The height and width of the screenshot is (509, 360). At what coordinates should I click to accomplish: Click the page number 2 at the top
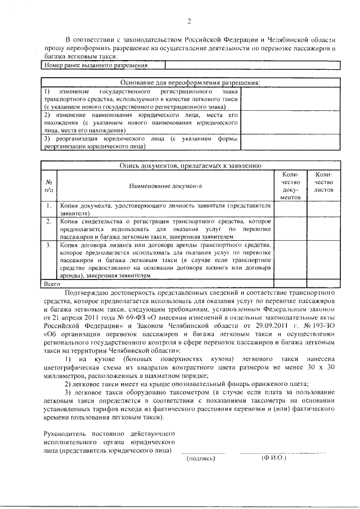[x=190, y=22]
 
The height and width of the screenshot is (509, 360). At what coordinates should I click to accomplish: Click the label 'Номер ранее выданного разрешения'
[x=95, y=66]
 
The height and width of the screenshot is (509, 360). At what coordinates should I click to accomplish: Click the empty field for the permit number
[x=252, y=66]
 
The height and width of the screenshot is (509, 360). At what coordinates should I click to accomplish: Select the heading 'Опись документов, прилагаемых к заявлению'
[x=191, y=166]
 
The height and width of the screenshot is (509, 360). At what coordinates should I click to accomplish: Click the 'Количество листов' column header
[x=323, y=183]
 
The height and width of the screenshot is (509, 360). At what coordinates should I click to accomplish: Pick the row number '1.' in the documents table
[x=49, y=206]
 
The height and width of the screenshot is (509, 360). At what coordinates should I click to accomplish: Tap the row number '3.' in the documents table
[x=49, y=245]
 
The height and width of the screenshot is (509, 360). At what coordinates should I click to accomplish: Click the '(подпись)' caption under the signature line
[x=201, y=458]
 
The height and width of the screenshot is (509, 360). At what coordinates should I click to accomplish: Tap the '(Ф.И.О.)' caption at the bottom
[x=274, y=458]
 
